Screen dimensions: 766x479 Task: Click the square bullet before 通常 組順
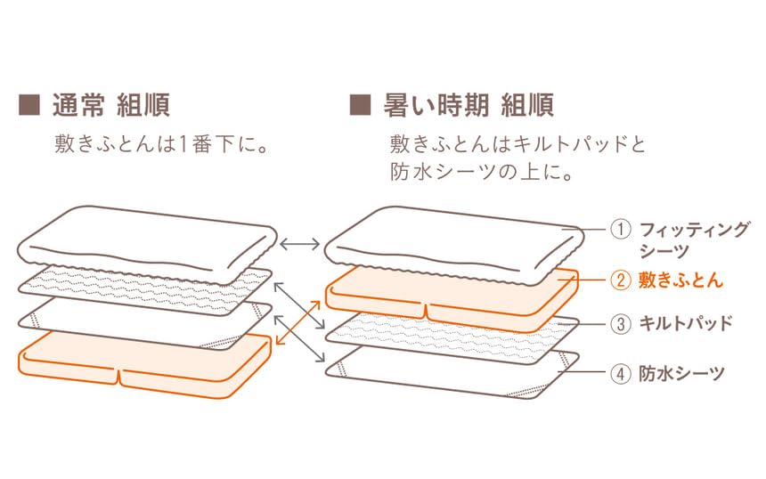[x=29, y=105]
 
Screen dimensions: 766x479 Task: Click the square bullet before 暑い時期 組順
[x=360, y=105]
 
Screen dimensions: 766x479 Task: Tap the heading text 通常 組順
[x=111, y=105]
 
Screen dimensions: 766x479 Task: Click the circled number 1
[x=621, y=229]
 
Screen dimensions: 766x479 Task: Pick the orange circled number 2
[x=621, y=280]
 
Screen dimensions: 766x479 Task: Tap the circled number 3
[x=621, y=324]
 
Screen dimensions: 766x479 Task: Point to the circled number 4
[x=621, y=374]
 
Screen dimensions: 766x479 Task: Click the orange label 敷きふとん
[x=680, y=280]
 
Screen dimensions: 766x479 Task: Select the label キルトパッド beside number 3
[x=686, y=323]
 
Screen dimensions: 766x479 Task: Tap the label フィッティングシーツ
[x=694, y=239]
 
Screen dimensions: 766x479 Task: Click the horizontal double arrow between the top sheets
[x=300, y=243]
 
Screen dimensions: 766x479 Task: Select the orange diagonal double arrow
[x=298, y=323]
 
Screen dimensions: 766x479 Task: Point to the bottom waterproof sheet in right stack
[x=452, y=372]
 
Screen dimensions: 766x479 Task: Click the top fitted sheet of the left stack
[x=148, y=244]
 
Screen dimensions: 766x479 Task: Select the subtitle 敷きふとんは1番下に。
[x=162, y=144]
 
